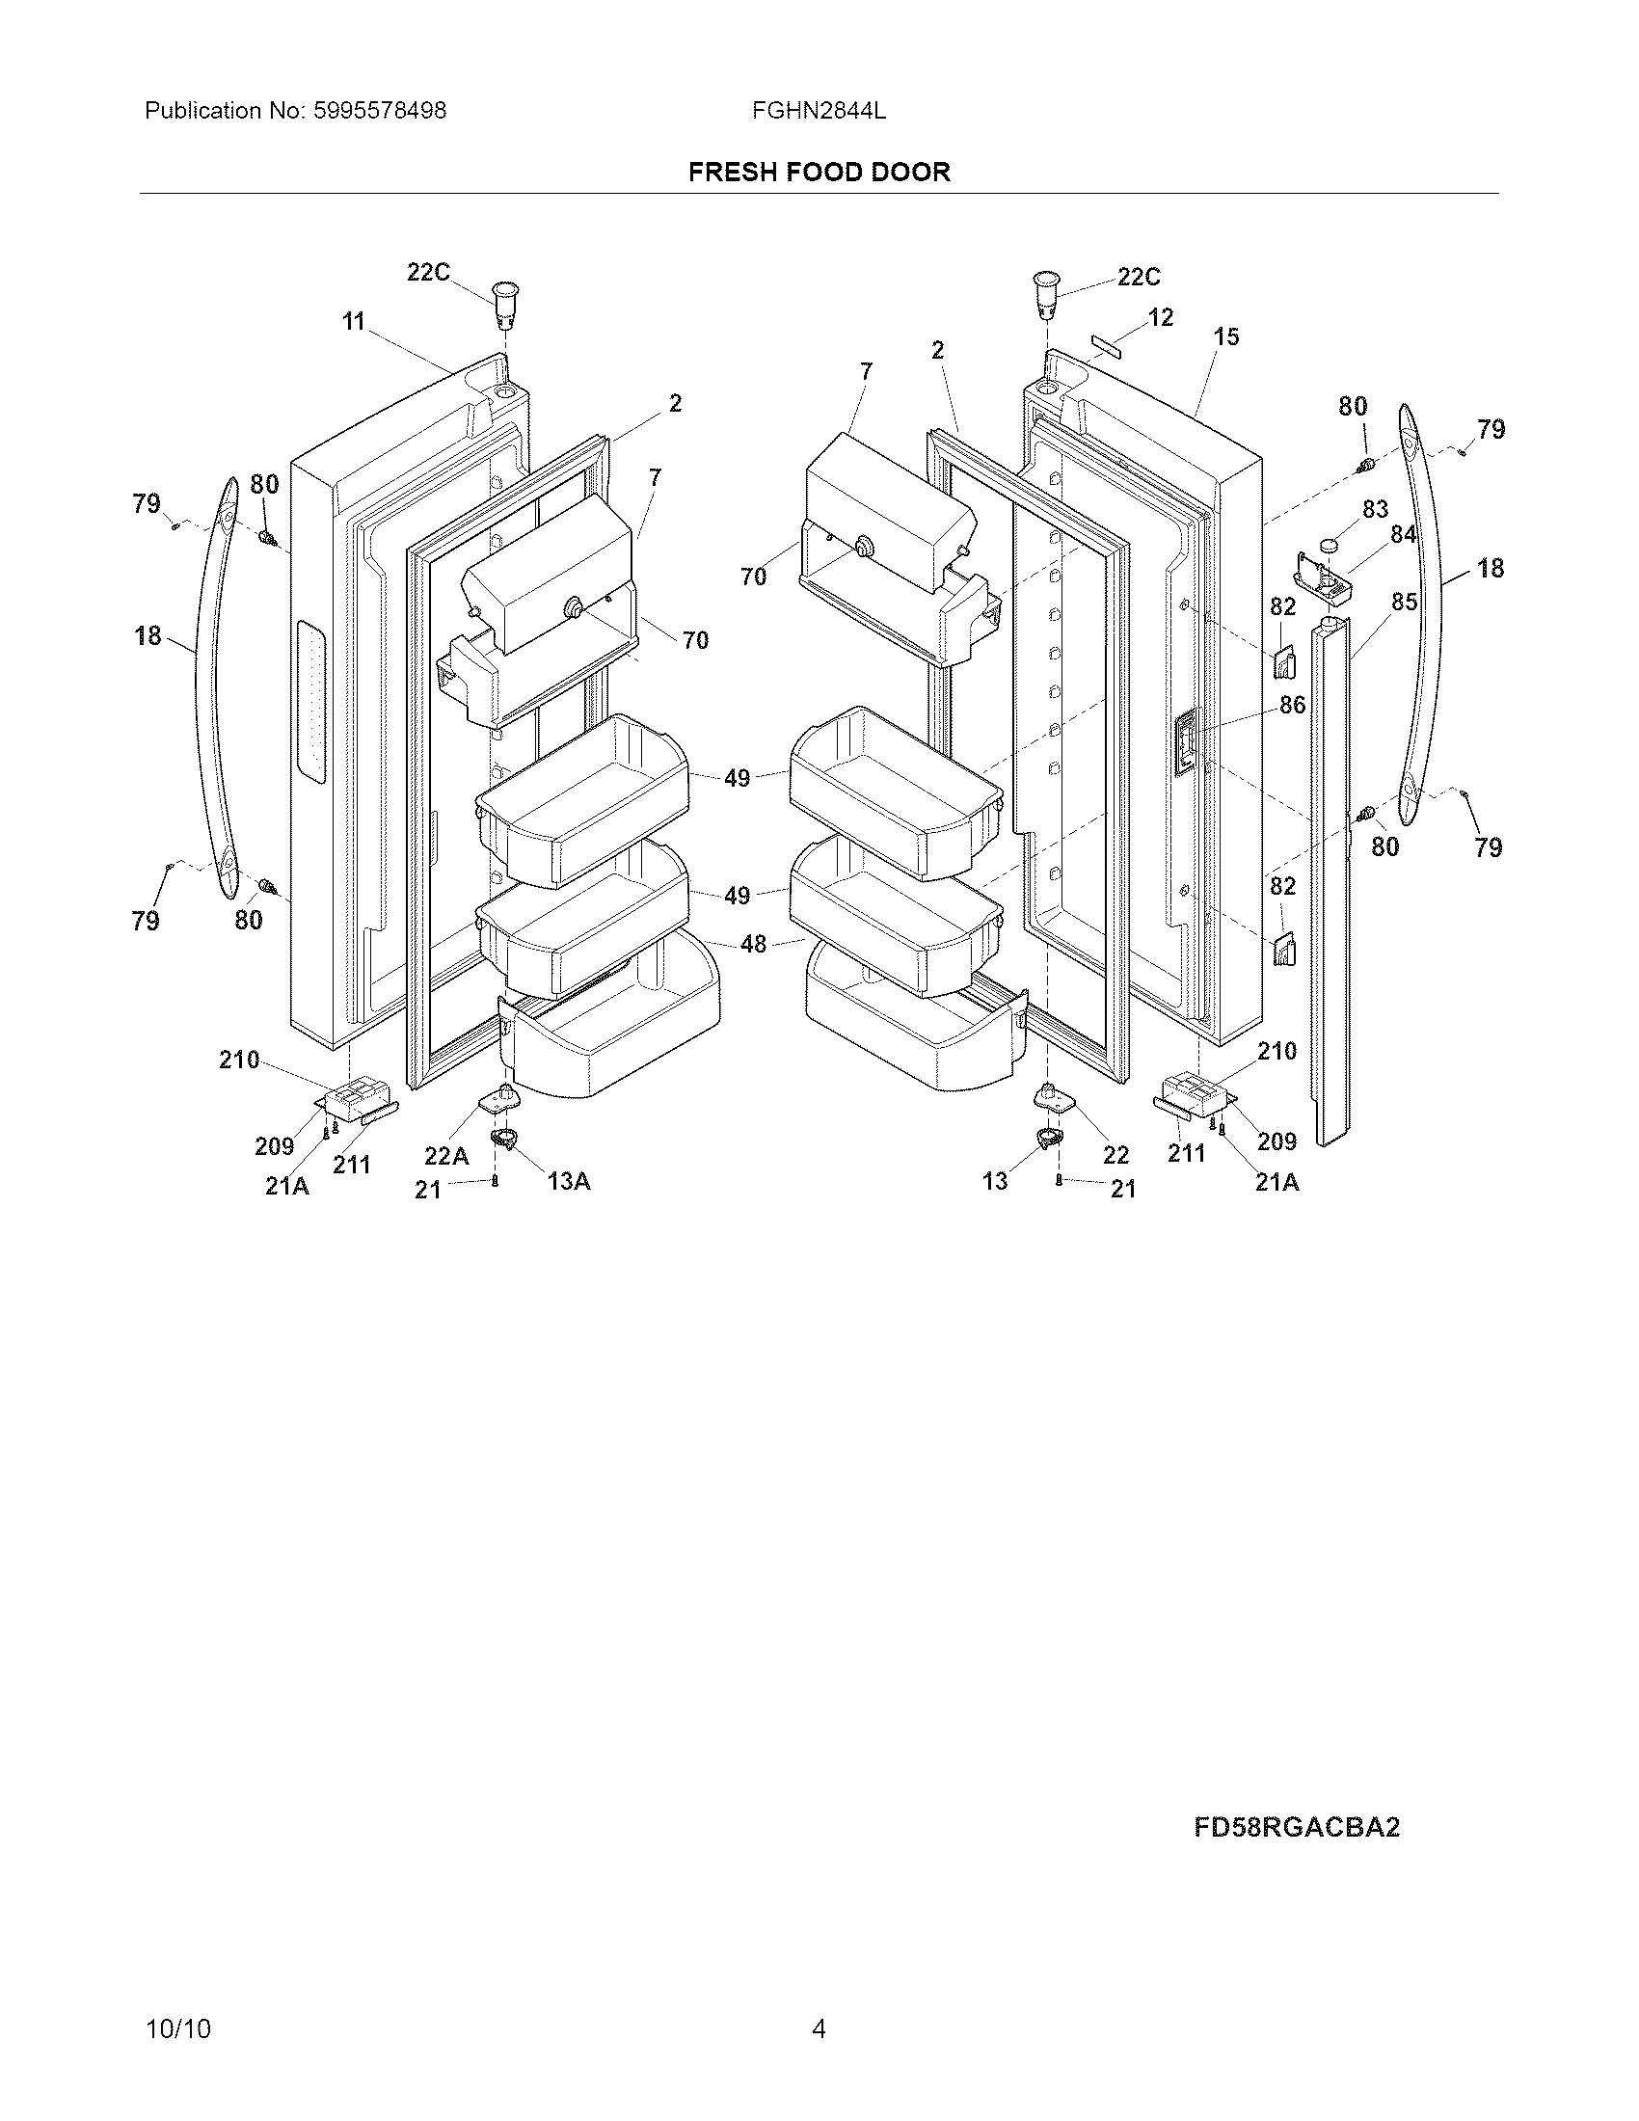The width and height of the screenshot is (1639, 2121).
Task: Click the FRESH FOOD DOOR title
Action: tap(819, 172)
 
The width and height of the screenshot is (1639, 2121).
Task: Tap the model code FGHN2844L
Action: tap(819, 111)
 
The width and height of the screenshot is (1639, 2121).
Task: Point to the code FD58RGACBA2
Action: tap(1296, 1828)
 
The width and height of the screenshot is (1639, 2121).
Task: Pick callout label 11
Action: tap(354, 321)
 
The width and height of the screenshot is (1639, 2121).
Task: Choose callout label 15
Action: tap(1226, 337)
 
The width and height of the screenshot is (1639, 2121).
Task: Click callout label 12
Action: tap(1160, 317)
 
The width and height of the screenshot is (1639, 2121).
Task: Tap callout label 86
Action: tap(1292, 705)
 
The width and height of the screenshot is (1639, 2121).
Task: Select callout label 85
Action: tap(1404, 603)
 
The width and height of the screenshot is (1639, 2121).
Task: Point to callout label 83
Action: tap(1375, 509)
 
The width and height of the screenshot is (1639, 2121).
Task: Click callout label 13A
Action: tap(568, 1181)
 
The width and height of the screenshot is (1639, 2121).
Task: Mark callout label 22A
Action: tap(446, 1156)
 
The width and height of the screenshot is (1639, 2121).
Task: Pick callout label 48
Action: tap(754, 943)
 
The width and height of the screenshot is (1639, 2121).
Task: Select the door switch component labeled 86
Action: tap(1186, 743)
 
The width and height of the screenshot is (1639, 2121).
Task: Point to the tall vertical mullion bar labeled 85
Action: tap(1329, 874)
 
